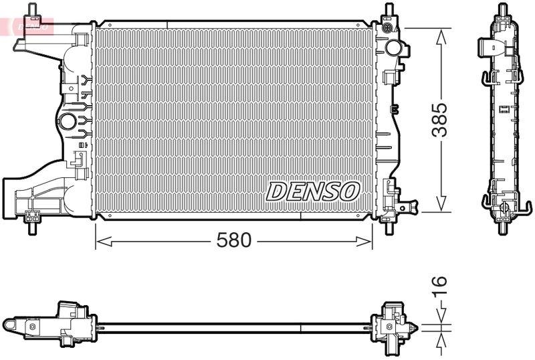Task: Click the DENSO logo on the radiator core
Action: tap(313, 191)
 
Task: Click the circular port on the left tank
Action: tap(68, 122)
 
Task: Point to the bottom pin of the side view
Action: tap(502, 224)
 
